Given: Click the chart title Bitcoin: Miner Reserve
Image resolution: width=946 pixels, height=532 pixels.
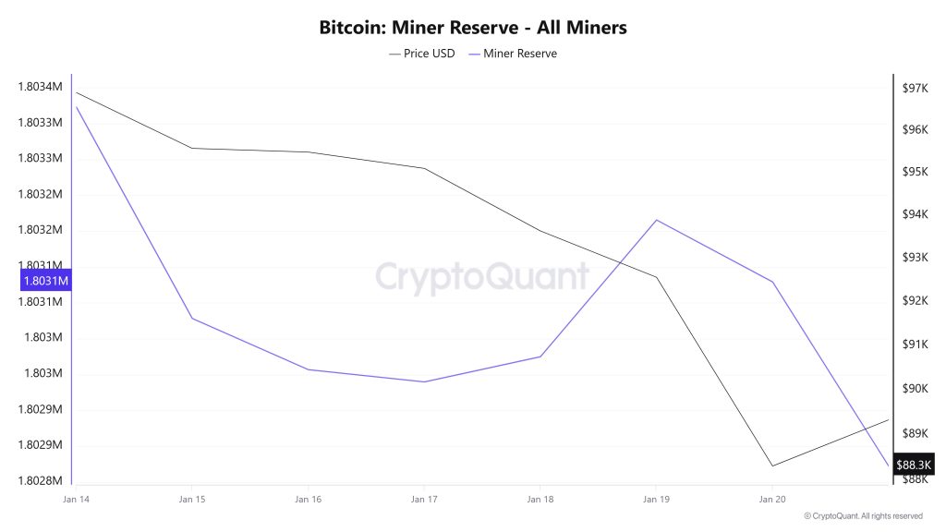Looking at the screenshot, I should [x=473, y=28].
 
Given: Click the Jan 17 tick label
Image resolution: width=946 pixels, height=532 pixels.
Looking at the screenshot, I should [x=424, y=500].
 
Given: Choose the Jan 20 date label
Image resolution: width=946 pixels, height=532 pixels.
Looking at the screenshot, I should [x=772, y=500].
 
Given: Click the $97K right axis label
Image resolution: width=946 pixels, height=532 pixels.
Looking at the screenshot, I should [x=916, y=88].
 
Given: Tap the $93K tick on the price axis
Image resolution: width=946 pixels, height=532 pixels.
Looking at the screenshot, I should [x=915, y=257].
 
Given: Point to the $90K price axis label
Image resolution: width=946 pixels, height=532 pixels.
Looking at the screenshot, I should [x=915, y=388].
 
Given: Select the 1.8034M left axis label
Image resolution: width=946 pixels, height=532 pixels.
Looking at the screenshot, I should [x=40, y=87].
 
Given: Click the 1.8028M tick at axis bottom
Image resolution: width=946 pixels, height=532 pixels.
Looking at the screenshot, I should [x=40, y=481].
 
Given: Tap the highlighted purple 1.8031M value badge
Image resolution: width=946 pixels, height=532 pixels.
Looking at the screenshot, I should [x=44, y=280].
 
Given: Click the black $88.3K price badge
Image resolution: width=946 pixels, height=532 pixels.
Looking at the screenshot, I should [x=915, y=464].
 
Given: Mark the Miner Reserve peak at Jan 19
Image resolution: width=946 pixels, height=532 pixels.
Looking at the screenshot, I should [x=656, y=220].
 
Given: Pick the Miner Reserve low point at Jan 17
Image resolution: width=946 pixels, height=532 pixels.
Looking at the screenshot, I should [x=424, y=381].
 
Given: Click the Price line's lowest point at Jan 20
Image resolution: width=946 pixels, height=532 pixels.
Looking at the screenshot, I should [x=772, y=465].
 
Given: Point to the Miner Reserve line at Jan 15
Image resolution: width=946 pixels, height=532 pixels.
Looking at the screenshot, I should [x=192, y=319].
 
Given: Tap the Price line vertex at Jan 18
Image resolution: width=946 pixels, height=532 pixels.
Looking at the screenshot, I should [x=540, y=231].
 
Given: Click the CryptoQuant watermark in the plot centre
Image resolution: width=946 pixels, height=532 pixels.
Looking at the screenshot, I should [x=481, y=276].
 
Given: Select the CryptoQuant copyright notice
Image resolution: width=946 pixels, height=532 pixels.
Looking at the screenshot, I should [x=863, y=516].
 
